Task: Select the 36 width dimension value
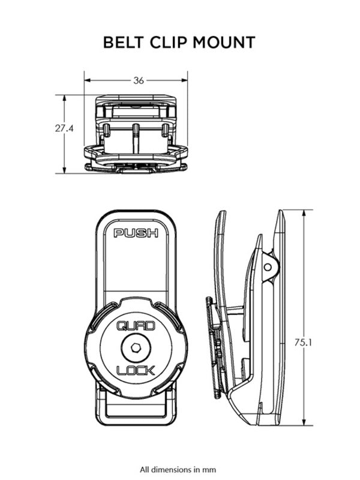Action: [x=139, y=80]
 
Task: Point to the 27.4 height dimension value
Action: [x=58, y=128]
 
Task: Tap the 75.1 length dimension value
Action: [x=304, y=342]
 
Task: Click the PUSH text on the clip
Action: [x=136, y=233]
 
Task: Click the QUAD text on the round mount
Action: [x=136, y=327]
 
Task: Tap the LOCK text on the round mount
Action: [x=136, y=368]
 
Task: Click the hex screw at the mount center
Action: [x=136, y=347]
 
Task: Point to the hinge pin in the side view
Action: [x=268, y=264]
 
